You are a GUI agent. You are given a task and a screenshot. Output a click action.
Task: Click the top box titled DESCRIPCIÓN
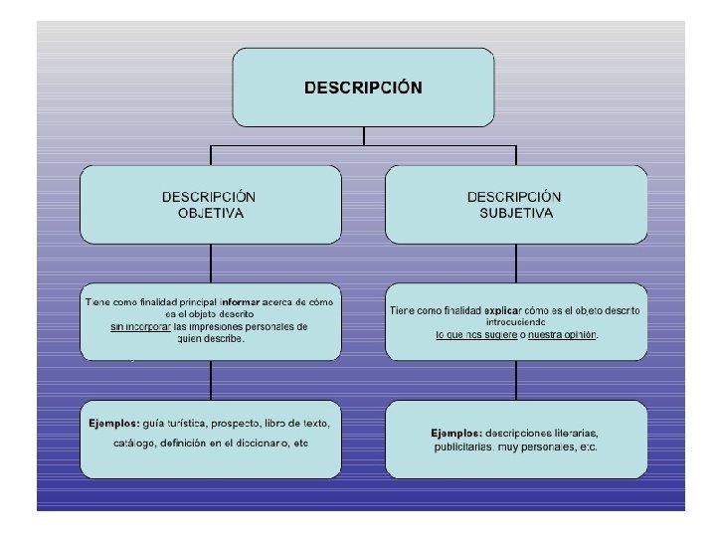363,88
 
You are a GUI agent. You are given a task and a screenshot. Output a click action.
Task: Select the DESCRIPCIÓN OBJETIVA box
210,204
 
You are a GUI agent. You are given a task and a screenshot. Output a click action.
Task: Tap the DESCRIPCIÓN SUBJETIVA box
516,204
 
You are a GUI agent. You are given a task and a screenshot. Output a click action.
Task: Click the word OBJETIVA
210,213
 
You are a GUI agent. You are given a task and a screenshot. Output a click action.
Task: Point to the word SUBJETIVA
516,213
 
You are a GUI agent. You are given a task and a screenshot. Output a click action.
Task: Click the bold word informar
240,300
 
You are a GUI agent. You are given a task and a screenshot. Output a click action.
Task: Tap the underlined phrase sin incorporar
140,326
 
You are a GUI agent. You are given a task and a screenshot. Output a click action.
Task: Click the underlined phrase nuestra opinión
563,335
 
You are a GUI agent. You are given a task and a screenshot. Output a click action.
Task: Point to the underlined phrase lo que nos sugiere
476,335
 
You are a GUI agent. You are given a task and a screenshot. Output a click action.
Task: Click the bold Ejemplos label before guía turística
113,424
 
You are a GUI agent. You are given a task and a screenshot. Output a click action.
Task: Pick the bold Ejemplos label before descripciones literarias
456,433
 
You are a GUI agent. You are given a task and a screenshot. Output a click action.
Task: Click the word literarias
572,433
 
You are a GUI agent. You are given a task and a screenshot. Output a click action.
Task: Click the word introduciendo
516,322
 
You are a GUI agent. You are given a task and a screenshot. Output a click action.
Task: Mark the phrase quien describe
210,338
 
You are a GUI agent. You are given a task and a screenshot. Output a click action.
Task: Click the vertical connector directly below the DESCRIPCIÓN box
364,136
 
